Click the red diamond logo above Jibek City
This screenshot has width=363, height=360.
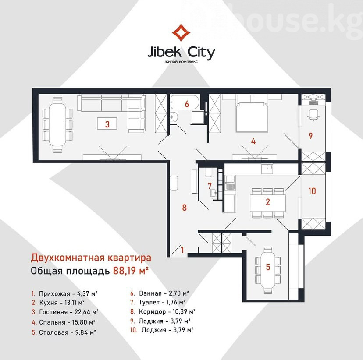coord(181,33)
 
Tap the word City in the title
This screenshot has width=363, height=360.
coord(201,53)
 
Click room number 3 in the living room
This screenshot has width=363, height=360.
coord(107,124)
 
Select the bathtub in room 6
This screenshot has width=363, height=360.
coord(185,102)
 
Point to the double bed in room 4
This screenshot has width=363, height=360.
coord(252,113)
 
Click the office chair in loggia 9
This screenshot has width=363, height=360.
coord(313,115)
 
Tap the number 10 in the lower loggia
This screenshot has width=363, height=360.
coord(312,191)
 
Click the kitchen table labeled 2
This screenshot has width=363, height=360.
coord(267,203)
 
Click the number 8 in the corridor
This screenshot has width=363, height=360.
coord(184,208)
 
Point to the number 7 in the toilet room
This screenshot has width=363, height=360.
coord(210,186)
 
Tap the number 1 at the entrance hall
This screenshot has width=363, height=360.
coord(183,250)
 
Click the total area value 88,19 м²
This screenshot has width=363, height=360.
coord(131,271)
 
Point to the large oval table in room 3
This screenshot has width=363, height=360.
coord(57,125)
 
